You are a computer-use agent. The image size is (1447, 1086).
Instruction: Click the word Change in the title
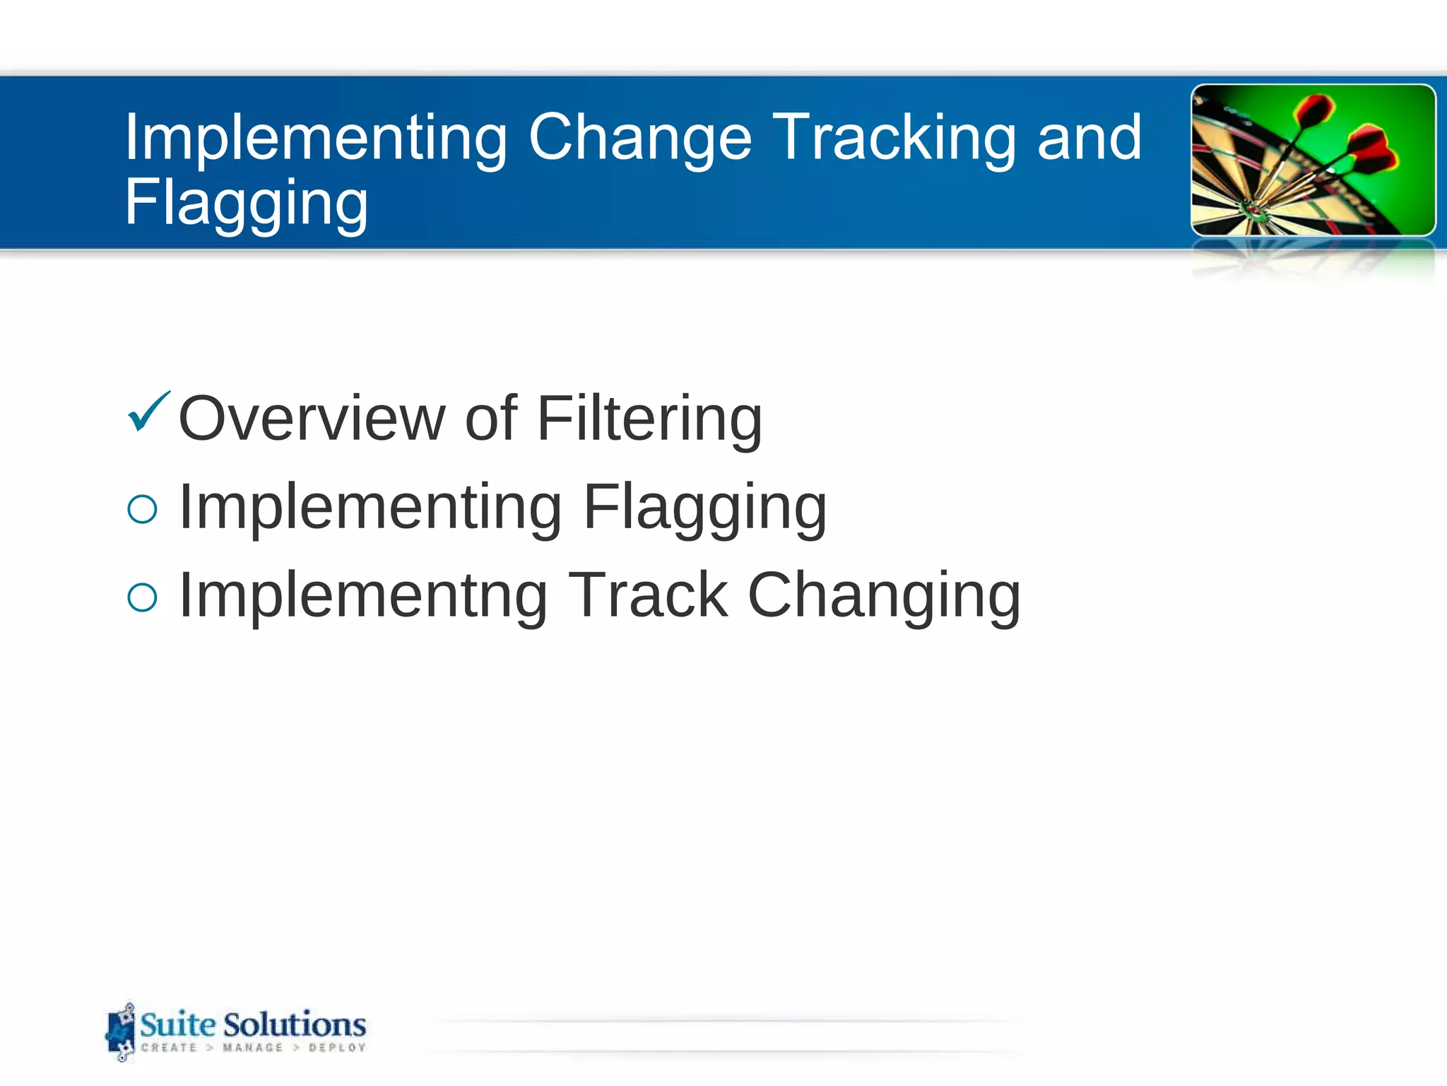pos(639,138)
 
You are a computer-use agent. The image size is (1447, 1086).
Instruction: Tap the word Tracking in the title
pos(894,138)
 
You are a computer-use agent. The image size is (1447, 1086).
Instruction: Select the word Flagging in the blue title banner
pos(247,203)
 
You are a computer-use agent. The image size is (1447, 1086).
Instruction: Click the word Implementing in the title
pos(316,138)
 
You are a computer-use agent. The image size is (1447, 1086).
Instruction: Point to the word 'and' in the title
pos(1089,138)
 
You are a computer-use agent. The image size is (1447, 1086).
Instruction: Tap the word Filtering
pos(649,419)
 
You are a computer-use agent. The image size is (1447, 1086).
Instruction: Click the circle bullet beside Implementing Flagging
pos(142,509)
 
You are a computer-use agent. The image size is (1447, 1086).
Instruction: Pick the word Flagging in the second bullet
pos(704,508)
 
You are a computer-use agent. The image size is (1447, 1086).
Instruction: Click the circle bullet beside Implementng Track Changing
pos(142,597)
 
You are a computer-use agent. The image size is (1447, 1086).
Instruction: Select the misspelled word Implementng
pos(363,596)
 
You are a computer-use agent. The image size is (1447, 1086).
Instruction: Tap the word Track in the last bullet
pos(648,596)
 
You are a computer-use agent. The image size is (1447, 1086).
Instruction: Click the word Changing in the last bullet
pos(883,596)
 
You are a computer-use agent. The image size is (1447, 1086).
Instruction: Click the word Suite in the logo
pos(178,1024)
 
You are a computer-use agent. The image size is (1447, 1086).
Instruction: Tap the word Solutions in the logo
pos(295,1024)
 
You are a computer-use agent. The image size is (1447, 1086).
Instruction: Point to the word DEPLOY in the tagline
pos(337,1048)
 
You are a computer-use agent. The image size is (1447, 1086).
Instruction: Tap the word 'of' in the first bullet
pos(490,419)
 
